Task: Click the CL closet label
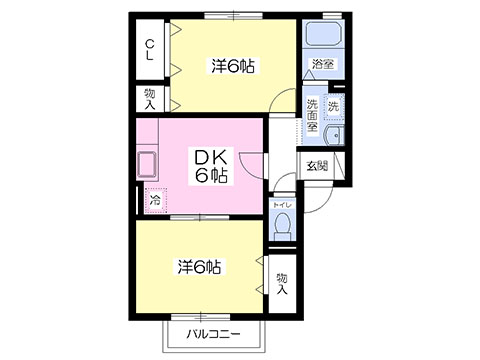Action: point(150,50)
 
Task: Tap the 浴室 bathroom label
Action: point(323,63)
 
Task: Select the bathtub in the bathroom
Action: point(323,34)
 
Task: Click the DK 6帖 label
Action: point(211,166)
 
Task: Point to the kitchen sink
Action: point(146,164)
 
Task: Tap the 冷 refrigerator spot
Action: point(155,200)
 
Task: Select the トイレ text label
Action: point(282,205)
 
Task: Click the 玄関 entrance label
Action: point(317,166)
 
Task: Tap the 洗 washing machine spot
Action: point(334,106)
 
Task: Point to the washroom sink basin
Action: point(334,136)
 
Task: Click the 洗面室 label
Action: point(312,115)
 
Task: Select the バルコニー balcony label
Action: point(213,334)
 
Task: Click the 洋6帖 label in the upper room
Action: point(233,66)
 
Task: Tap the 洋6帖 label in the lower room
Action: point(199,267)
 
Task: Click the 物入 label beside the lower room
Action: point(282,284)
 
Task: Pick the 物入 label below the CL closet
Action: point(150,99)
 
